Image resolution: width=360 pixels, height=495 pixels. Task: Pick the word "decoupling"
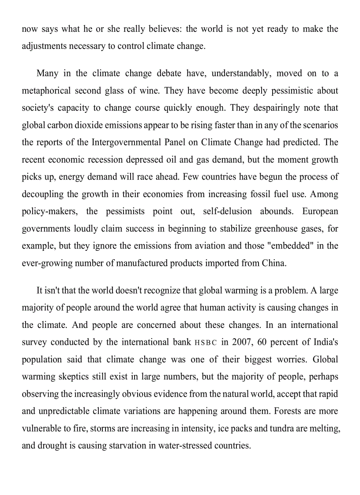(x=42, y=194)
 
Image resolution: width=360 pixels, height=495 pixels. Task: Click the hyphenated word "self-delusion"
(x=227, y=211)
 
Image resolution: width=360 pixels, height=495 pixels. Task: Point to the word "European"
(x=320, y=211)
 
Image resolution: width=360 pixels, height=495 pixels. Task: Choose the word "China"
(x=274, y=263)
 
